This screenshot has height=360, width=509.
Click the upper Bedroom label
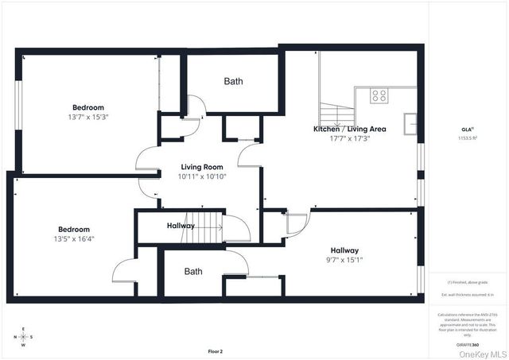(x=88, y=107)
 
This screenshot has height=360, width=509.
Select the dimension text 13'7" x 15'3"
(x=88, y=117)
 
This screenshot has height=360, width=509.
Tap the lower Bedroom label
(x=72, y=229)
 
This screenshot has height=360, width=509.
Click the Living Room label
(x=201, y=167)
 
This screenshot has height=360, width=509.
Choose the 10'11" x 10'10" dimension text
(x=201, y=176)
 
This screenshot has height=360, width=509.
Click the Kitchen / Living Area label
(x=349, y=129)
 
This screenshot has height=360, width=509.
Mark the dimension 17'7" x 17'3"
(x=349, y=138)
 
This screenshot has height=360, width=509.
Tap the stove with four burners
(x=379, y=95)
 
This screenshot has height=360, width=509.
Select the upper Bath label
(x=233, y=81)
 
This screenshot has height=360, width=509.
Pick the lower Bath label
(x=193, y=271)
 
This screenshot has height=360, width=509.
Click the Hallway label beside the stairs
(x=181, y=226)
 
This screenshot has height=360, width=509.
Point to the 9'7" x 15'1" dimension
(x=344, y=259)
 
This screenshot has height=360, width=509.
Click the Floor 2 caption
(x=215, y=350)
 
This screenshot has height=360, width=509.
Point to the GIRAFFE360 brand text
(x=467, y=344)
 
